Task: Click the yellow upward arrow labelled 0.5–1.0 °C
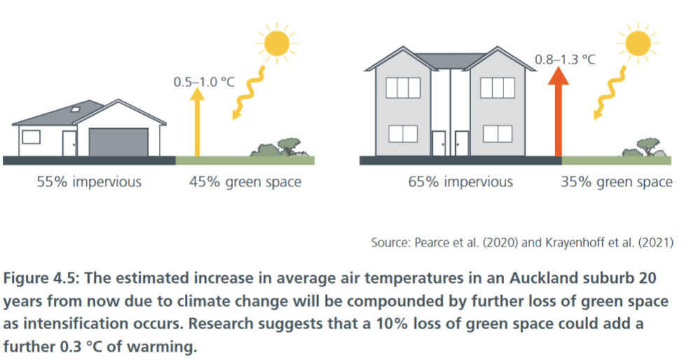[197, 122]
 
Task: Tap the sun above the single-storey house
[277, 43]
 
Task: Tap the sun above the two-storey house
[638, 43]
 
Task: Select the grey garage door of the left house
[118, 142]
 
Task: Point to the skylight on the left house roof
[76, 109]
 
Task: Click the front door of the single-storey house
[69, 144]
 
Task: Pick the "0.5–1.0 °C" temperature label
[204, 82]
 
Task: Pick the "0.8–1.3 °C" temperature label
[564, 60]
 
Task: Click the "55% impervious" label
[89, 182]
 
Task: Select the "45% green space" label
[245, 182]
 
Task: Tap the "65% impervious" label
[460, 182]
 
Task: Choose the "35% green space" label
[617, 182]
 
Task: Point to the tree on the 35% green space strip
[648, 146]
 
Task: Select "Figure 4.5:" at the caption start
[41, 279]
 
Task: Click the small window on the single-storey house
[32, 137]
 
